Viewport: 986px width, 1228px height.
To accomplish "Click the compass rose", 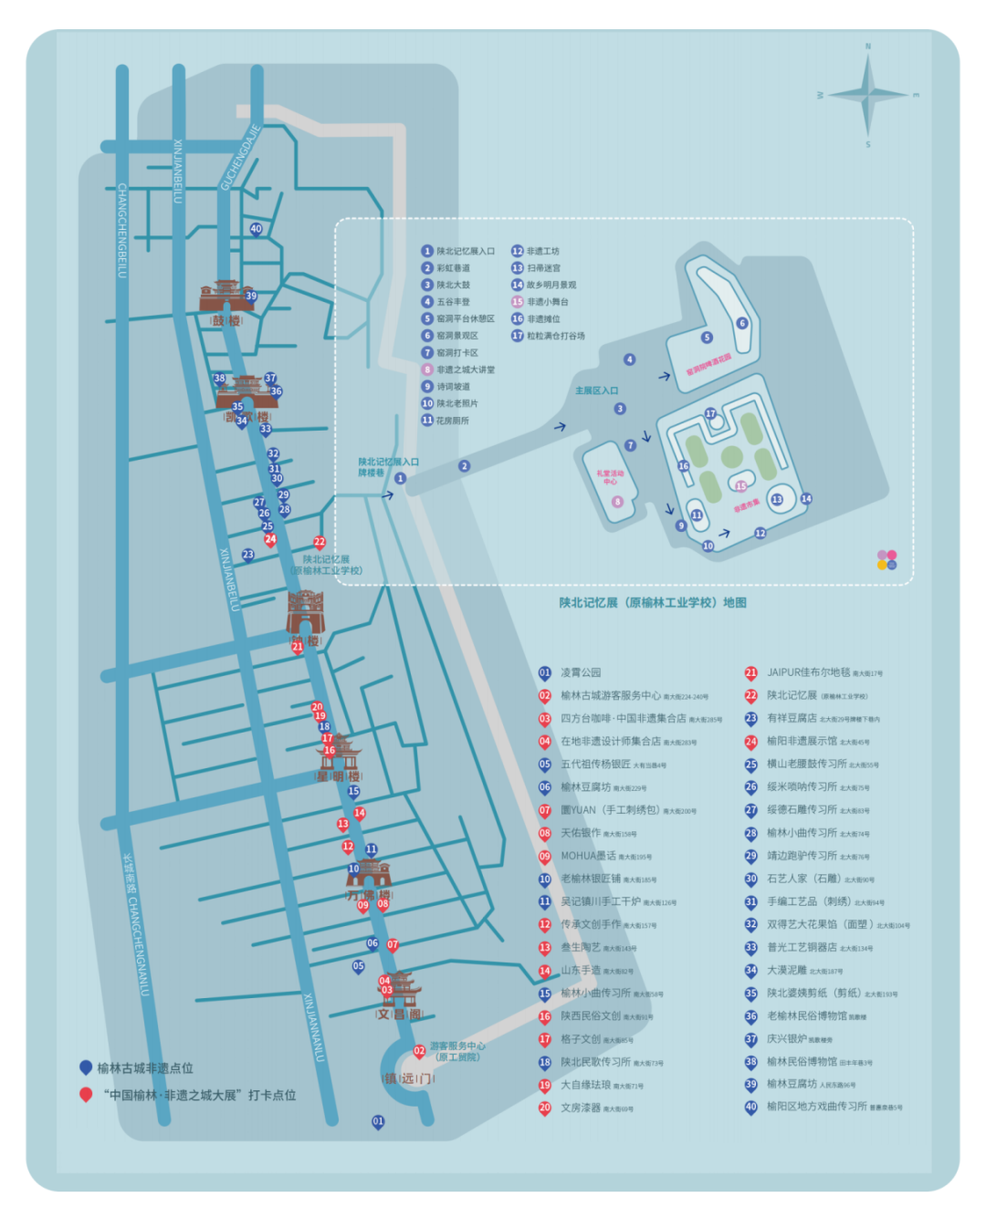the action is (868, 94).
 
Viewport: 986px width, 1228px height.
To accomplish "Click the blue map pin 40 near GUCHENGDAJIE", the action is (256, 230).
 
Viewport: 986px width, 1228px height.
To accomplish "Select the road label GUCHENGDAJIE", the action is (240, 158).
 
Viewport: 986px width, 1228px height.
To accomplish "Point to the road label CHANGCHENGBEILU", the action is (122, 230).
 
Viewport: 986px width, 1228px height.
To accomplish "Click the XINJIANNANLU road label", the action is (314, 1026).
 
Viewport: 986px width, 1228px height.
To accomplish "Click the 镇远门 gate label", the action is (407, 1078).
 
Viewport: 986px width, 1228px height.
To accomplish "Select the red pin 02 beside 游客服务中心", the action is (419, 1052).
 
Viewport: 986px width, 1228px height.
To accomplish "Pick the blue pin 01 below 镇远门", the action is (378, 1122).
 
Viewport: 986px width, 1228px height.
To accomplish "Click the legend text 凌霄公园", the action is (581, 673).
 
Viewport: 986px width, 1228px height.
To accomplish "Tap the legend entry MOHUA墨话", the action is (588, 857).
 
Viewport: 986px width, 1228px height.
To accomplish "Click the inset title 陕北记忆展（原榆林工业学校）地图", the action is (653, 603).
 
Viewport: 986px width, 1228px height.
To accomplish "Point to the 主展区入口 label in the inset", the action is (596, 390).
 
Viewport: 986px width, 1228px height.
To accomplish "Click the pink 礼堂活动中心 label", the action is (610, 477).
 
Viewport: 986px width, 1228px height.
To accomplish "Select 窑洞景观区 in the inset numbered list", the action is (456, 336).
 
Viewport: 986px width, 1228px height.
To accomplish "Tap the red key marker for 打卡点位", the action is (86, 1094).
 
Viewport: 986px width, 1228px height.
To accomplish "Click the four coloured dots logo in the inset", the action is (886, 559).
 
